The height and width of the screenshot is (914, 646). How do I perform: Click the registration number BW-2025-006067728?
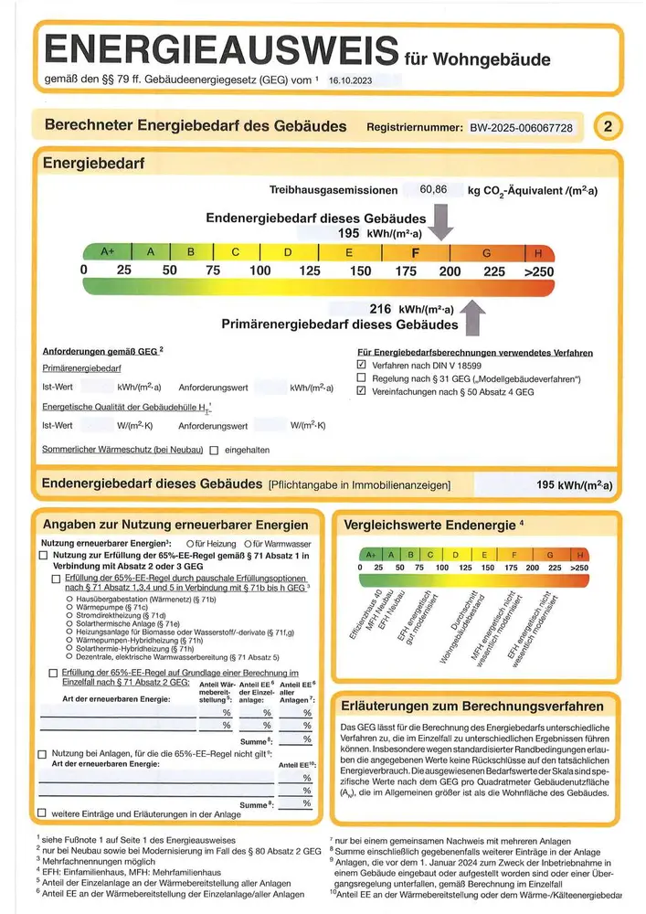pos(521,128)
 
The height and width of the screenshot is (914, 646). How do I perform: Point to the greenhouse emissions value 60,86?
pos(433,190)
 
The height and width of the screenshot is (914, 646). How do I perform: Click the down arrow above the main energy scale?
pos(441,223)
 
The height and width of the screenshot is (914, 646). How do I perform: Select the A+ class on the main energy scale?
pos(108,252)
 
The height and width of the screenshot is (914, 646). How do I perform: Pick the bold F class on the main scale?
pos(416,252)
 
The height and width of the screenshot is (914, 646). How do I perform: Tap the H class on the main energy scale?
pos(539,252)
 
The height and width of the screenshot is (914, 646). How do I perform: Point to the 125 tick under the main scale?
pos(310,271)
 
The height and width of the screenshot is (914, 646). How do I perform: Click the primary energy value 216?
pos(379,309)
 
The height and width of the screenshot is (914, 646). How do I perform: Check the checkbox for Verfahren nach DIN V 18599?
pos(362,365)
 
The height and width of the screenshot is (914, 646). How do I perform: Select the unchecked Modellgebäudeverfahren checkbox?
pos(362,377)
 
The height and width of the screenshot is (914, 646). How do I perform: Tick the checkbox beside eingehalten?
pos(214,450)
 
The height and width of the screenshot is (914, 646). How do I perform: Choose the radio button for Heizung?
pos(189,544)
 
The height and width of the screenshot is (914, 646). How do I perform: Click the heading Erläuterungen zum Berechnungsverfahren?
pos(471,706)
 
